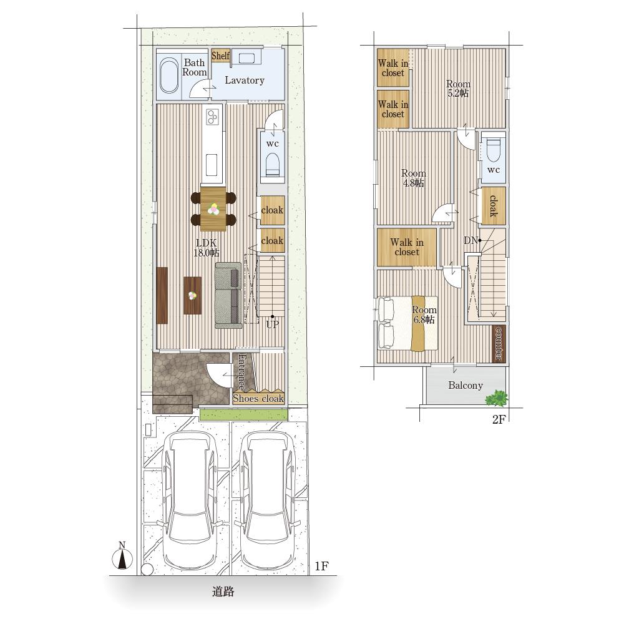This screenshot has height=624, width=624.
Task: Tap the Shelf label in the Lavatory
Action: click(x=220, y=56)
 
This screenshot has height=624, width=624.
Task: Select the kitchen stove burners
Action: click(x=213, y=116)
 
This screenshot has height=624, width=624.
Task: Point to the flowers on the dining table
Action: click(x=213, y=208)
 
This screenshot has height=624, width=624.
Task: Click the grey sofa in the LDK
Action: click(x=228, y=295)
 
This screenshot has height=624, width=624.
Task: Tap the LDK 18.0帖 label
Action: click(x=206, y=248)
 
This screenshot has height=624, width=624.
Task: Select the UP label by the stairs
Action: click(x=273, y=324)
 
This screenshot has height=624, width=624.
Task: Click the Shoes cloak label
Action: click(x=258, y=398)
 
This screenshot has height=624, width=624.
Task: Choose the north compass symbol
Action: click(x=122, y=557)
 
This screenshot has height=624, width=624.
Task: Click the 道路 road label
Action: click(x=223, y=592)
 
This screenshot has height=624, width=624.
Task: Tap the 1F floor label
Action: click(x=321, y=565)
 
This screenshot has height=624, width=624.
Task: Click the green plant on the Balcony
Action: click(x=496, y=398)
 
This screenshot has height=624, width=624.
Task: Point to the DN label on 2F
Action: click(x=471, y=240)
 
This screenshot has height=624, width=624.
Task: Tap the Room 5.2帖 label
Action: click(x=458, y=89)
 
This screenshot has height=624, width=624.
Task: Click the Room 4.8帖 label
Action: click(x=414, y=178)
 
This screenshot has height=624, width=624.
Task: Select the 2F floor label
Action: click(x=499, y=419)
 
